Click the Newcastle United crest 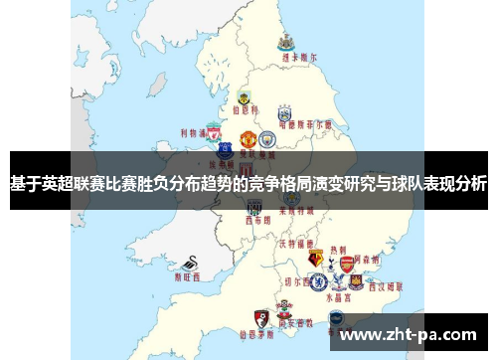[285, 42]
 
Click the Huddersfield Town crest [284, 112]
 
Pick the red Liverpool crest [212, 130]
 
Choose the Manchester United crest [248, 136]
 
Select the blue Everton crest [226, 150]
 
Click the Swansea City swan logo [189, 265]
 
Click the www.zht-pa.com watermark [411, 335]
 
